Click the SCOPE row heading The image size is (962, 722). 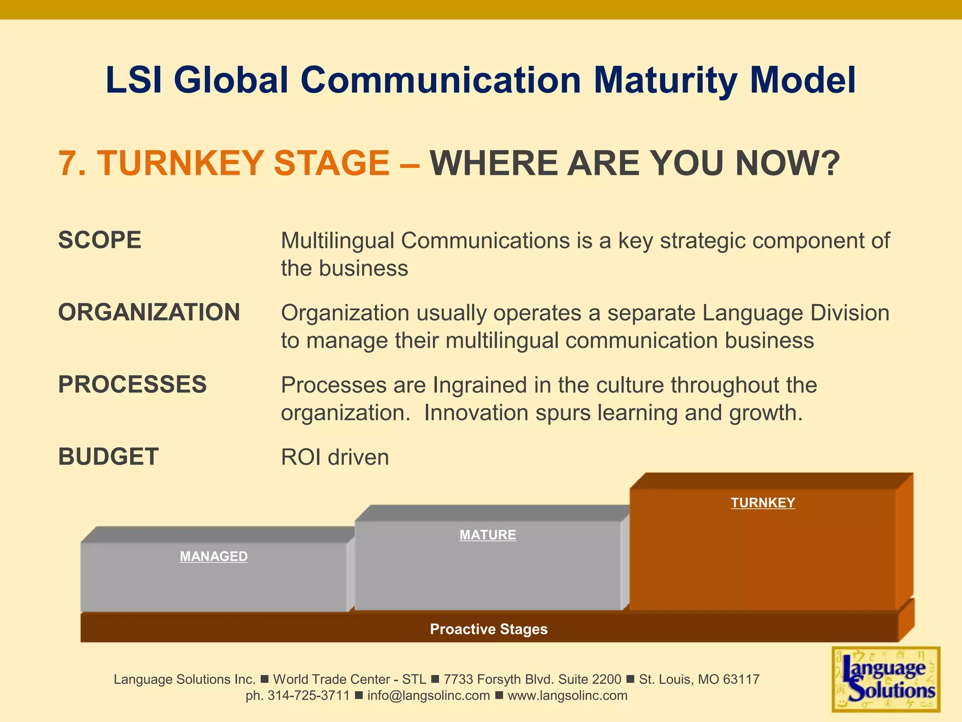click(x=100, y=240)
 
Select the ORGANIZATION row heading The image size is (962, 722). click(x=149, y=313)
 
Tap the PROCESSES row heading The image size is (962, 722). click(x=132, y=385)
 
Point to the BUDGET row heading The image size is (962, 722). click(x=109, y=457)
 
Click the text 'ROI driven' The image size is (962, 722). click(x=335, y=457)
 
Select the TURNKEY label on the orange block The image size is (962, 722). click(x=763, y=502)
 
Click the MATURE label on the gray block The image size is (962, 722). click(x=488, y=535)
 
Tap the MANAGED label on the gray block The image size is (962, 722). click(x=214, y=557)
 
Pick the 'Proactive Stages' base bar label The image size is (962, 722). click(x=489, y=629)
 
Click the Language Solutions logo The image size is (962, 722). click(x=886, y=679)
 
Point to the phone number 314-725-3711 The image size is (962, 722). click(x=309, y=696)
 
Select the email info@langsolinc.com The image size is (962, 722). click(x=428, y=696)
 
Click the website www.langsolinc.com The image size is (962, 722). click(x=567, y=696)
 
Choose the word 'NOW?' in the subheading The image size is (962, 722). click(x=787, y=164)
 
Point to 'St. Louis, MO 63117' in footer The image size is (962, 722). click(x=699, y=679)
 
